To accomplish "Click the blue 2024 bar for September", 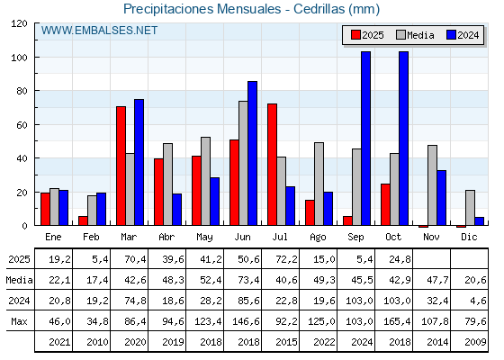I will point(365,139).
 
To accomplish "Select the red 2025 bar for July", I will point(272,165).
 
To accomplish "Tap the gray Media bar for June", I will point(243,163).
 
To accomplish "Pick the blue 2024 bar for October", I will point(403,139).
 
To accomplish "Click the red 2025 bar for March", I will point(121,166).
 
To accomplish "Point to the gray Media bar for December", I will point(470,208).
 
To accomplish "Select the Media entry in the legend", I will point(414,35).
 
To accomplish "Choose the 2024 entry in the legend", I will point(461,35).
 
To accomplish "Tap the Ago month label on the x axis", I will point(318,237).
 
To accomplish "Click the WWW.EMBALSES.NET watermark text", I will point(99,31).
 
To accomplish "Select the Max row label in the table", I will point(18,320).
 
